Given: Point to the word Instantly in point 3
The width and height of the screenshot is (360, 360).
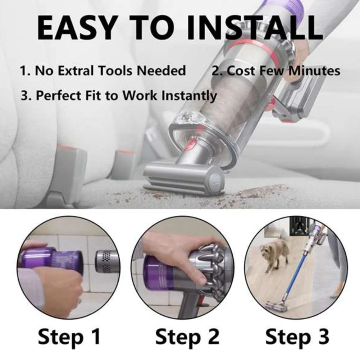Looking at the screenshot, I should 189,96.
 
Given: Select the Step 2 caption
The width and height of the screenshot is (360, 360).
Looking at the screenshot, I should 187,337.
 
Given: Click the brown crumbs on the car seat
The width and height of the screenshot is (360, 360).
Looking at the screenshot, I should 252,194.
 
